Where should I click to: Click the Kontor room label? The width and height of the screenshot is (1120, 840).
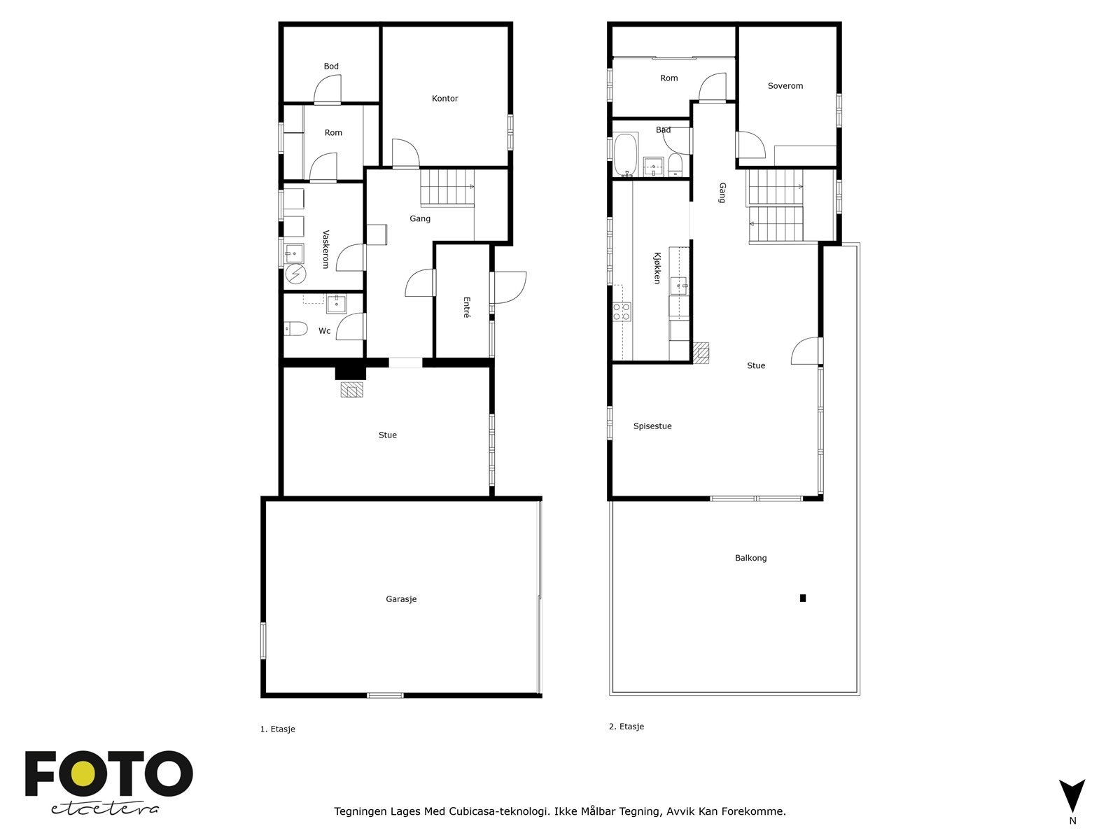444,99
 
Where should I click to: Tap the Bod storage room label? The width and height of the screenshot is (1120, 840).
331,66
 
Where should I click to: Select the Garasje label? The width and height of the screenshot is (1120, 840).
401,599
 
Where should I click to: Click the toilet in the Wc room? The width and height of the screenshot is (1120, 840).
296,328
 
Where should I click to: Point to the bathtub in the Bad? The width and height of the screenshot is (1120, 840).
624,154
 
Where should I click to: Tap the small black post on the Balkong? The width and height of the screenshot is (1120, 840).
803,598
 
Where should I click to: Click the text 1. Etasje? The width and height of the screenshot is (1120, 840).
278,729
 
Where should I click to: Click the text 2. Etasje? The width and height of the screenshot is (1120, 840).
626,727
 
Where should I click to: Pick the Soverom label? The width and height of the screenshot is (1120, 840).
785,86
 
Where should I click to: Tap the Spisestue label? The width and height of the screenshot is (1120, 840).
652,426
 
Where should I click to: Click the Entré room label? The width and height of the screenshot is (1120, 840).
466,307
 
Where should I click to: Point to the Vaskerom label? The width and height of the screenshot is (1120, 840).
325,249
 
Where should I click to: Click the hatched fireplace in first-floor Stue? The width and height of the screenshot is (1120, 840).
353,389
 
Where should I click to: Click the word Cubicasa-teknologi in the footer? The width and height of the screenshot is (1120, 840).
498,812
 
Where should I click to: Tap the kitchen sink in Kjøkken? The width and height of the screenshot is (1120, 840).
679,285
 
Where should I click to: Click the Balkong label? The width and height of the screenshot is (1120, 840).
750,558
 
